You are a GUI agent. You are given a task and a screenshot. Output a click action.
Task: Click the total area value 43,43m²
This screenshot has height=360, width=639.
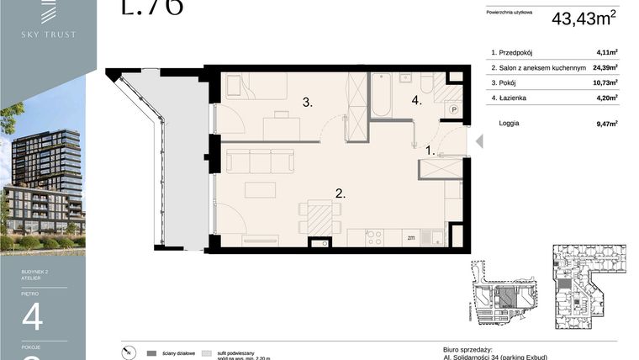[x=584, y=18]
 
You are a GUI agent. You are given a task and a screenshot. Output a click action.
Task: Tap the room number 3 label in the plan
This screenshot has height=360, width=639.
[x=308, y=103]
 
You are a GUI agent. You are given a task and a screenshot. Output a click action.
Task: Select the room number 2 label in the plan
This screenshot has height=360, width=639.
[x=340, y=193]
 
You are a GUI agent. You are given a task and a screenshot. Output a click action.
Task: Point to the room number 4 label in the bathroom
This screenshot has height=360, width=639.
[x=415, y=101]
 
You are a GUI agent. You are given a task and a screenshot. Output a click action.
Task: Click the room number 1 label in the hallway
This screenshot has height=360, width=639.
[x=429, y=151]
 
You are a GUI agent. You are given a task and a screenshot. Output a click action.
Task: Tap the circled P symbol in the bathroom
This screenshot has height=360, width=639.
[x=454, y=109]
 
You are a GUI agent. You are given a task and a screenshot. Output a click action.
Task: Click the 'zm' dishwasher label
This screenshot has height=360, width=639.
[x=410, y=238]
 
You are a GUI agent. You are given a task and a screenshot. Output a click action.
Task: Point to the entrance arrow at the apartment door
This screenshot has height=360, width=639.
[x=479, y=142]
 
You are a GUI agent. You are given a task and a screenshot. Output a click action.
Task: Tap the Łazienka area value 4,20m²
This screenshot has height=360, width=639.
[x=605, y=98]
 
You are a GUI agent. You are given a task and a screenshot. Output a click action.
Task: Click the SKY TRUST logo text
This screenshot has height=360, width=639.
[x=49, y=34]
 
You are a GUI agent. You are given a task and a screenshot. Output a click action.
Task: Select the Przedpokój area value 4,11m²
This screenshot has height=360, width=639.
[x=605, y=51]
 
